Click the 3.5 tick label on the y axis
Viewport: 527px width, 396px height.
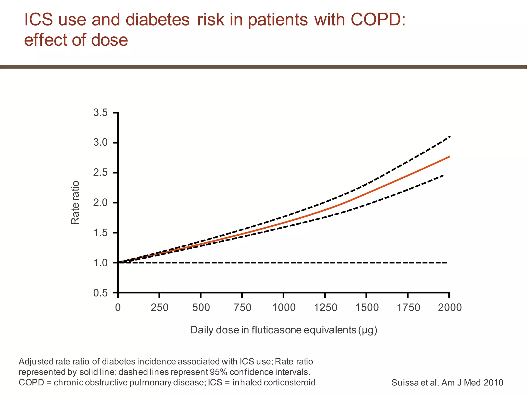pyautogui.click(x=100, y=113)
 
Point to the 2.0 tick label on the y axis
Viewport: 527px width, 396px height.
pyautogui.click(x=100, y=203)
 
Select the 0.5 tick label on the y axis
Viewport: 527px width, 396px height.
pyautogui.click(x=100, y=293)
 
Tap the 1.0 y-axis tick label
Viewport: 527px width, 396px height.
pyautogui.click(x=100, y=263)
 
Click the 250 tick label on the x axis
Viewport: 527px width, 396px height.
pyautogui.click(x=159, y=308)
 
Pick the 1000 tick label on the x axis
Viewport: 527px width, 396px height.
pyautogui.click(x=284, y=308)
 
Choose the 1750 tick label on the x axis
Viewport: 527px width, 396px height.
pyautogui.click(x=408, y=308)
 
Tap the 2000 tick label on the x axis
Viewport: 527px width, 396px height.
pyautogui.click(x=450, y=308)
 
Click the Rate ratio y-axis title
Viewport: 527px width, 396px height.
pyautogui.click(x=75, y=203)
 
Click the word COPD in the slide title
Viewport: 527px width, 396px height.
pyautogui.click(x=378, y=19)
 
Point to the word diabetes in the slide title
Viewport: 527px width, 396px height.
pyautogui.click(x=157, y=19)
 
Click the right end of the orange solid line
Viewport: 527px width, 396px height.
pyautogui.click(x=450, y=156)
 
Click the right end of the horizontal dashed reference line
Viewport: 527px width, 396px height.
pyautogui.click(x=447, y=262)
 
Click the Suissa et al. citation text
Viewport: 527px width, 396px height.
pyautogui.click(x=447, y=383)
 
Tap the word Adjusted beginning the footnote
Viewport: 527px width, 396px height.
pyautogui.click(x=36, y=362)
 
